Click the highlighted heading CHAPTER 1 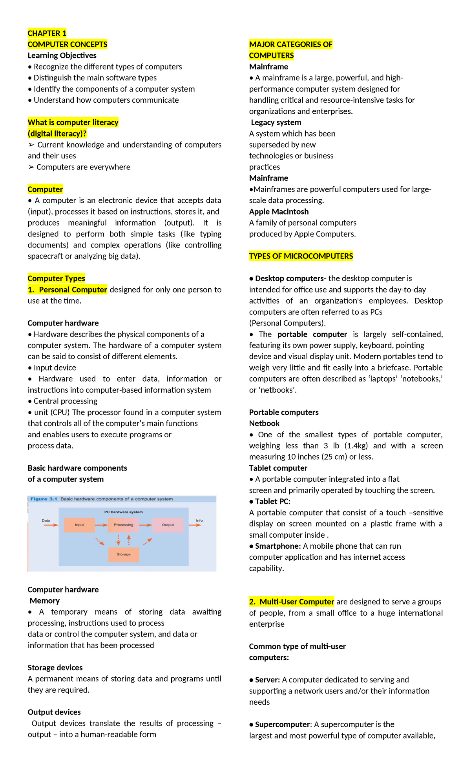(47, 33)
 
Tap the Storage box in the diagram (123, 554)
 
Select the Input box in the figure (79, 525)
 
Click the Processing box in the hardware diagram (123, 525)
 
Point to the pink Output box (168, 525)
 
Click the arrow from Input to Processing (101, 525)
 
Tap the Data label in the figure (46, 520)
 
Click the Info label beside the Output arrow (199, 520)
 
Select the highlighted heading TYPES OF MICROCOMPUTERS (301, 256)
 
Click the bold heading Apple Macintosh (279, 212)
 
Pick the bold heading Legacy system (276, 122)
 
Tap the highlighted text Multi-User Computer (296, 602)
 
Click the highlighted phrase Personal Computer (73, 290)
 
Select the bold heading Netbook (264, 424)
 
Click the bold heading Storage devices (55, 668)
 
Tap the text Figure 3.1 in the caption (44, 499)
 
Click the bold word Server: (267, 680)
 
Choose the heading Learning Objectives (62, 56)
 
